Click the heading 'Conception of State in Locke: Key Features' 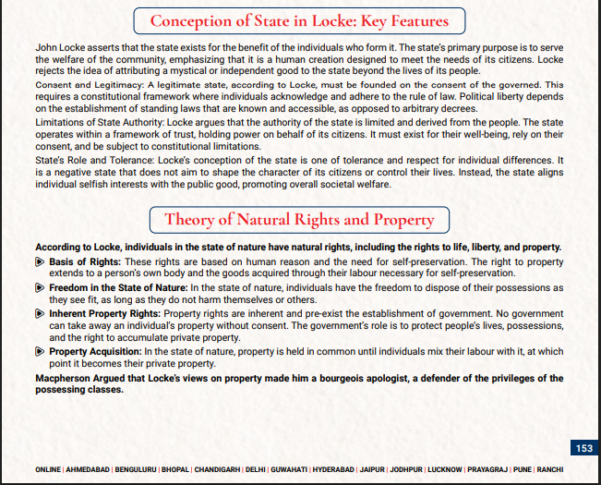[299, 20]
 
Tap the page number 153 [583, 448]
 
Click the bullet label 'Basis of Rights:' [84, 262]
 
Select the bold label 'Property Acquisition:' [95, 352]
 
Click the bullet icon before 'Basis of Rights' [40, 262]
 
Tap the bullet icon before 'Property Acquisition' [40, 352]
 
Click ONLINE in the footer [48, 469]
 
